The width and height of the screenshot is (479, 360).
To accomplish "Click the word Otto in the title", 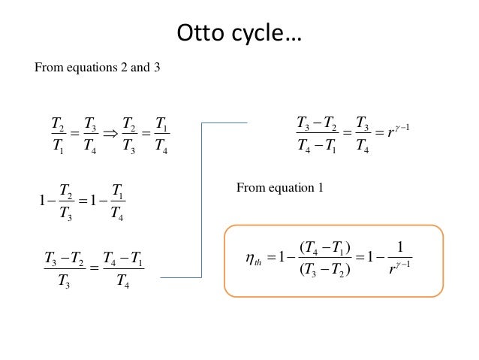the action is (x=200, y=32).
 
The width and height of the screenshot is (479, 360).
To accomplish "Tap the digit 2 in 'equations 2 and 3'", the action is (x=124, y=68).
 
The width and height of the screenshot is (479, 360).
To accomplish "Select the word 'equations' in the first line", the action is (x=92, y=68).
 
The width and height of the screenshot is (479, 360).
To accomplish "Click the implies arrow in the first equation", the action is (x=110, y=134).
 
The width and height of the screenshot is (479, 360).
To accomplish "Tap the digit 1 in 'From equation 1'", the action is (x=321, y=187).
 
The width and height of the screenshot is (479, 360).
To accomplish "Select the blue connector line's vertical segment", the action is (x=202, y=201).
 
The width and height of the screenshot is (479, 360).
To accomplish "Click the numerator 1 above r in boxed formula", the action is (x=399, y=247).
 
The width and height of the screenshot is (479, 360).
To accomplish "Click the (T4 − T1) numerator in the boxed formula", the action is (x=325, y=248).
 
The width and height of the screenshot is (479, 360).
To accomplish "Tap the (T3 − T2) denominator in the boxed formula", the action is (x=325, y=270).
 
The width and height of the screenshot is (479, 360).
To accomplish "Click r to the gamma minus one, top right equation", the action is (x=399, y=132).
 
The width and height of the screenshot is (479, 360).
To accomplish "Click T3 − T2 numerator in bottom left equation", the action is (x=65, y=259).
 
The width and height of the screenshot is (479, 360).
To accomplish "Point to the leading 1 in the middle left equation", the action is (x=42, y=201).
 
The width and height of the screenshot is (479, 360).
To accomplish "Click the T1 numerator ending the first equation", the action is (x=161, y=124).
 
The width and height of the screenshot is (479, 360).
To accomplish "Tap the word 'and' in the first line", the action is (x=140, y=68).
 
